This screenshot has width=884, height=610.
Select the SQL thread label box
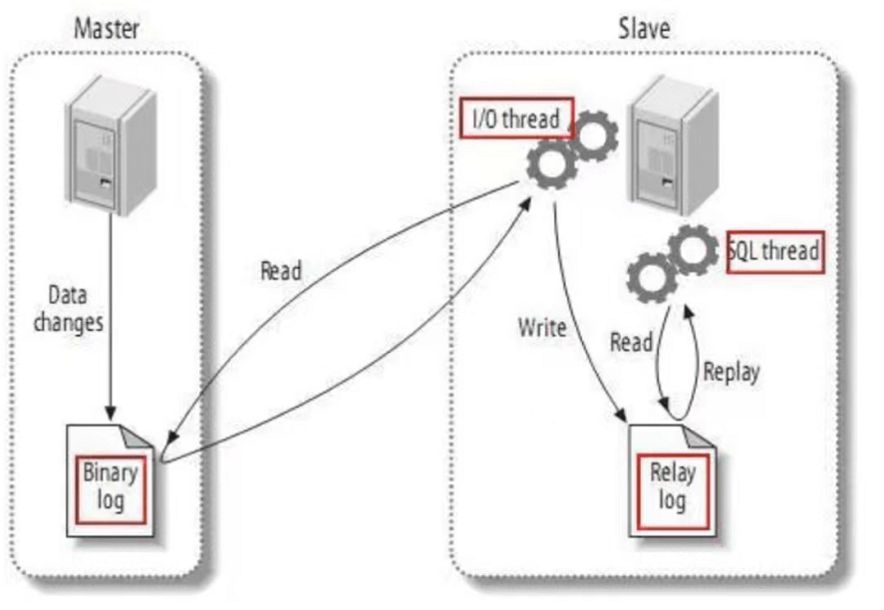click(x=776, y=253)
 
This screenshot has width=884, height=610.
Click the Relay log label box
click(x=672, y=485)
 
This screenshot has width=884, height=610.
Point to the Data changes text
click(x=76, y=309)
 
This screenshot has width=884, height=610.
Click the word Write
click(x=540, y=326)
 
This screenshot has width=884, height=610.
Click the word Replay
click(x=731, y=372)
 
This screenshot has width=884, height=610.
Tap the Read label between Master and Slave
click(x=282, y=271)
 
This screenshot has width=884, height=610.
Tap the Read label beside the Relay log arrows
click(x=631, y=343)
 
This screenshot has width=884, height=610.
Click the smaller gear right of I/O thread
click(x=594, y=135)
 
